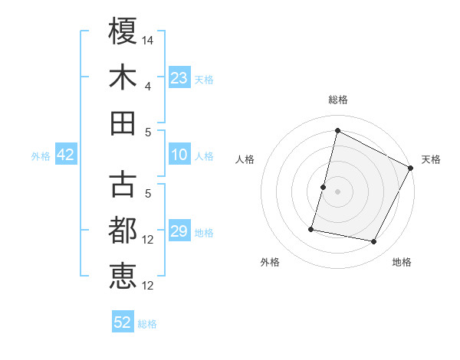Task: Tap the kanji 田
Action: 123,123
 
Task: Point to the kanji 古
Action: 123,184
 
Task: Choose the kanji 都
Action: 123,230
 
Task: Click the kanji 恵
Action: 123,276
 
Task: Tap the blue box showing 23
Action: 179,78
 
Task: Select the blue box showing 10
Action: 179,155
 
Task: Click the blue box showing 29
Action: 179,232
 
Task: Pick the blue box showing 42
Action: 66,155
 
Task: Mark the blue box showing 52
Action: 123,322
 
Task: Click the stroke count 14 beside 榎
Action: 149,38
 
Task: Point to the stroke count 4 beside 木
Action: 148,86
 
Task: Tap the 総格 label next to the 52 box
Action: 147,324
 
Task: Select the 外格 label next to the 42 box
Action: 41,156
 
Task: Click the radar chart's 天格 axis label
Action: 431,159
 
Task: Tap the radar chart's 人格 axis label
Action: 245,159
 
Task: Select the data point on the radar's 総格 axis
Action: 337,130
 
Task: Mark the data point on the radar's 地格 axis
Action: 374,242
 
